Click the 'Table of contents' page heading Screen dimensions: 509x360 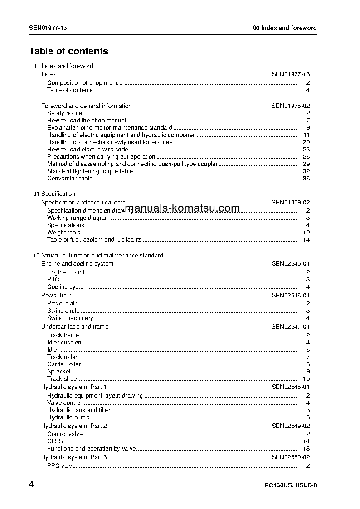(68, 51)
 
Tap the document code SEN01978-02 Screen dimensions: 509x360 (291, 106)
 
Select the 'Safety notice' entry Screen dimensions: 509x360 (65, 113)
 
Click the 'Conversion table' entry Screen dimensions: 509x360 (70, 178)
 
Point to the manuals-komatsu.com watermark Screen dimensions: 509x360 (182, 208)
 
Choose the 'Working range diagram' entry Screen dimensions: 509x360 (78, 218)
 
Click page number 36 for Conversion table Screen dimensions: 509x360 (306, 178)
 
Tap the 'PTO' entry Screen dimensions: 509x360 (54, 279)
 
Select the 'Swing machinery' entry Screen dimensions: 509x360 (70, 318)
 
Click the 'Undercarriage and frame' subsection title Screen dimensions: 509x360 (75, 326)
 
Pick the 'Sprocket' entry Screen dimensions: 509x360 (59, 371)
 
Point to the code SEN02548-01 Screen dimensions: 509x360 (291, 387)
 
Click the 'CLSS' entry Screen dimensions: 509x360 (55, 441)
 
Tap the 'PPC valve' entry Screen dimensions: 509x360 (61, 465)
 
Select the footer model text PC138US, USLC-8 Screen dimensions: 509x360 (291, 485)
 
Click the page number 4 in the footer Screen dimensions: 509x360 (31, 485)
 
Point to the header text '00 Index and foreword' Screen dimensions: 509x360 (285, 28)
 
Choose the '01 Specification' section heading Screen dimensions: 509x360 (54, 194)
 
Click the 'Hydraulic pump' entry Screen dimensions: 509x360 (68, 417)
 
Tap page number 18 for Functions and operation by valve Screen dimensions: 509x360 (306, 448)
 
